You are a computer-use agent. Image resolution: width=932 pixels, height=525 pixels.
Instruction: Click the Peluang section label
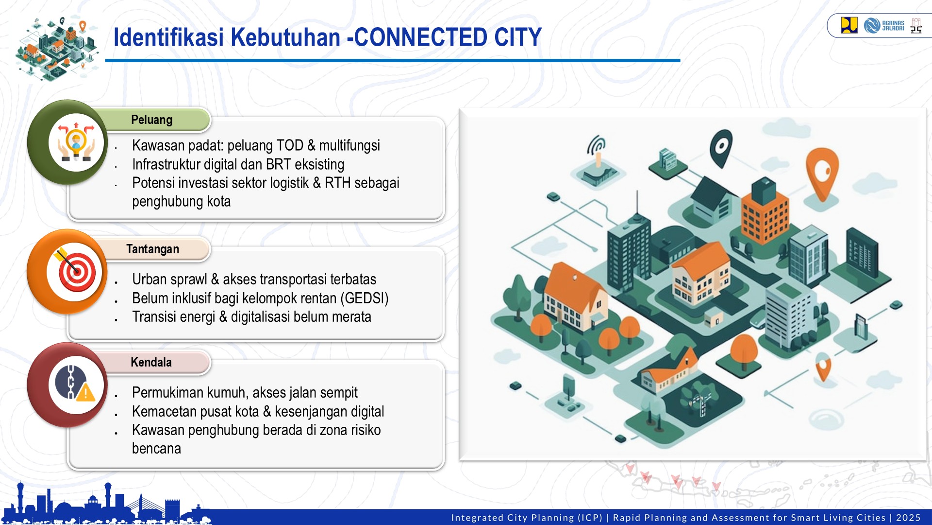click(x=151, y=120)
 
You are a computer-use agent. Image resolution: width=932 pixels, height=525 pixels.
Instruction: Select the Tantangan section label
click(x=152, y=249)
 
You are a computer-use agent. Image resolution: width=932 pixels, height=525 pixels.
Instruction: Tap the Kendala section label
click(x=151, y=362)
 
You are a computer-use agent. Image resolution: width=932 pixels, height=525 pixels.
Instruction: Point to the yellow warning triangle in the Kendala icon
click(x=86, y=392)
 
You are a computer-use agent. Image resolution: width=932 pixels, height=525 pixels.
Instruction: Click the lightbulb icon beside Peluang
click(x=76, y=142)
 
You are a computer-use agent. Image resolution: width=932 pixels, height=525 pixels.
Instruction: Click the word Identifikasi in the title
click(x=168, y=37)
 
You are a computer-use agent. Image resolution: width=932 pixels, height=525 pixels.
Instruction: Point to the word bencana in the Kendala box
click(x=156, y=448)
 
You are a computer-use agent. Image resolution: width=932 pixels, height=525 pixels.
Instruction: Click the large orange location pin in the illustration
click(x=822, y=171)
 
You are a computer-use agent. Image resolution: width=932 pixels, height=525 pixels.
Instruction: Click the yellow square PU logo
click(x=849, y=25)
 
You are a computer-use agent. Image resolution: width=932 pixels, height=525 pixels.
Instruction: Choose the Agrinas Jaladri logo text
click(x=893, y=25)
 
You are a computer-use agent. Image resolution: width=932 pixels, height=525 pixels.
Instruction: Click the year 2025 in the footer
click(x=908, y=518)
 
